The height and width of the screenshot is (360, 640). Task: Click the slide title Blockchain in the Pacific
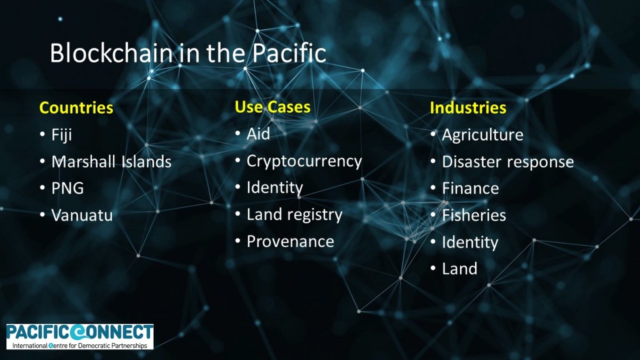click(188, 54)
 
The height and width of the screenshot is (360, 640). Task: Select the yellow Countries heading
click(76, 107)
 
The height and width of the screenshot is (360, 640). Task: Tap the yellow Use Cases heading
click(272, 107)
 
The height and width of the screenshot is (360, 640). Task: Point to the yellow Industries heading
click(467, 107)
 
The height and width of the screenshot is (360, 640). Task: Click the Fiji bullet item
click(62, 135)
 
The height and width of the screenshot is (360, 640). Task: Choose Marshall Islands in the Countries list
click(111, 162)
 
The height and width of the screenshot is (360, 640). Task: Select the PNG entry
click(67, 189)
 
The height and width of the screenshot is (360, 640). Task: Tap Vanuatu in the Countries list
click(82, 216)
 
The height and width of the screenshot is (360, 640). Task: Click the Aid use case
click(258, 134)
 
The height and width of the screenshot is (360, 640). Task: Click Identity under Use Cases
click(275, 188)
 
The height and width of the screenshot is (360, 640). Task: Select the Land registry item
click(294, 215)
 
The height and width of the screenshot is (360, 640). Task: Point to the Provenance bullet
click(290, 242)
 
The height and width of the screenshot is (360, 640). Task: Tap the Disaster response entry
click(507, 162)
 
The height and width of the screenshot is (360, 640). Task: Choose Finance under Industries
click(470, 189)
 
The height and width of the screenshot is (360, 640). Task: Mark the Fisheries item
click(474, 216)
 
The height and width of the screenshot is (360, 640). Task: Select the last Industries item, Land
click(459, 269)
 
